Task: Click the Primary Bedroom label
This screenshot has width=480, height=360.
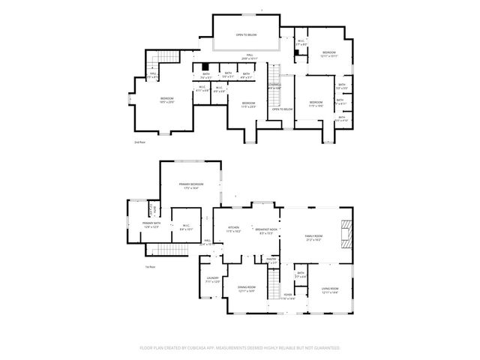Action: pos(191,185)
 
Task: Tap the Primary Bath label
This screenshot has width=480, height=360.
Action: pos(152,225)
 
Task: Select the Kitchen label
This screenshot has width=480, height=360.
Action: pos(233,229)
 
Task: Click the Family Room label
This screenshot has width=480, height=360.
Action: pos(313,238)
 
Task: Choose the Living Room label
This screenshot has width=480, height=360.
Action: pos(330,289)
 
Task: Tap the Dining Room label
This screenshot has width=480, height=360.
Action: pos(247,289)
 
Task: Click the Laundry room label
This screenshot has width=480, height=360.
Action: pos(212,280)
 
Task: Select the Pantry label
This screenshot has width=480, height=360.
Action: pos(272,260)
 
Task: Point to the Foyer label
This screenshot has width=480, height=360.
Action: pos(288,296)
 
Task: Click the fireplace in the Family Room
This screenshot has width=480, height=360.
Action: pos(345,232)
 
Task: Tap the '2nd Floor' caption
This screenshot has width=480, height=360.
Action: pos(139,142)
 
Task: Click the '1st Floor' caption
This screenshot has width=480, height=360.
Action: pos(149,267)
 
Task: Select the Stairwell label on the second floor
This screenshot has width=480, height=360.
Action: pos(274,85)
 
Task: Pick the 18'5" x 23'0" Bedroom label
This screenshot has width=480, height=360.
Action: pos(166,100)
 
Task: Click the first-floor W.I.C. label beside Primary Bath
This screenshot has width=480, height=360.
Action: pos(184,227)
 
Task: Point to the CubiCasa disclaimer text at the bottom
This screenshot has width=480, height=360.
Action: pos(240,348)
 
